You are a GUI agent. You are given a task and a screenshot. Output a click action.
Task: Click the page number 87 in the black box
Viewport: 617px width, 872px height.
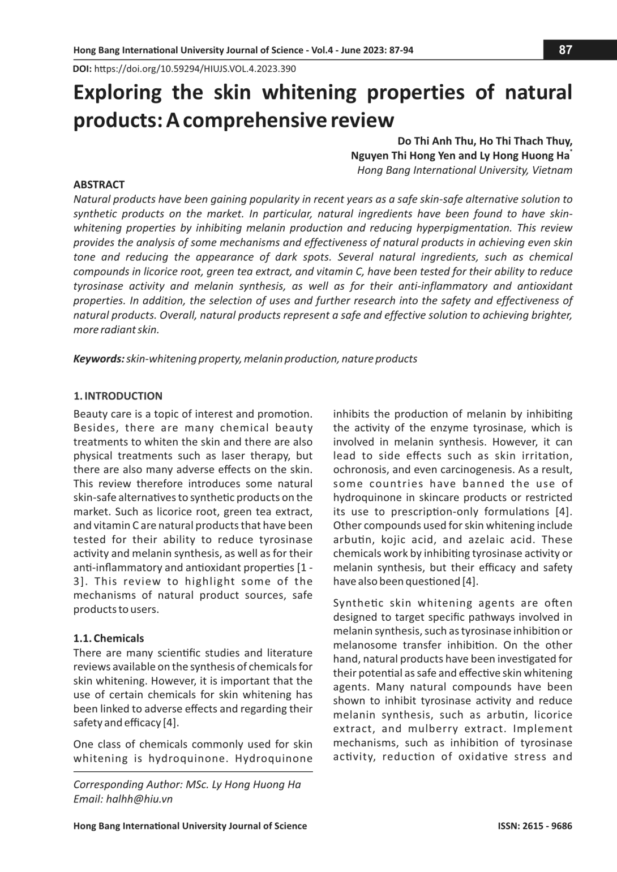coord(565,50)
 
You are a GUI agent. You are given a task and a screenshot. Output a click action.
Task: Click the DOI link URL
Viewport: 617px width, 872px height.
coord(194,69)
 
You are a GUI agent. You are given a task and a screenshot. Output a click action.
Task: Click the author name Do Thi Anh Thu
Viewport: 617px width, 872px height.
coord(435,141)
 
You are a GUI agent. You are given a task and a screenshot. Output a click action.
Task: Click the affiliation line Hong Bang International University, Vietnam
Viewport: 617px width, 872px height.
coord(465,170)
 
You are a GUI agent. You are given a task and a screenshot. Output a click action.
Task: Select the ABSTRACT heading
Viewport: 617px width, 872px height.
coord(99,184)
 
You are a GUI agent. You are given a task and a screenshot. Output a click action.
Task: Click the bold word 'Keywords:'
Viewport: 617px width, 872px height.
coord(99,359)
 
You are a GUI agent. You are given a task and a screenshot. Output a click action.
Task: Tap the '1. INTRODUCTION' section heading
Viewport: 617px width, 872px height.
coord(118,396)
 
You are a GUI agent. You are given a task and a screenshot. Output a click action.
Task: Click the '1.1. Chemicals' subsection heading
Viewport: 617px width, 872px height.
coord(109,638)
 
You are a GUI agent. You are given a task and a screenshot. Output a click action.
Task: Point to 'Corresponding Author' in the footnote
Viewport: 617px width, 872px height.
coord(127,784)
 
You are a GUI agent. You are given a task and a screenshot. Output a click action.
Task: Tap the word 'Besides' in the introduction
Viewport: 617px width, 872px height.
coord(95,428)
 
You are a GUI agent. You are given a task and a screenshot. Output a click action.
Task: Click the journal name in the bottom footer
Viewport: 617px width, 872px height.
coord(190,826)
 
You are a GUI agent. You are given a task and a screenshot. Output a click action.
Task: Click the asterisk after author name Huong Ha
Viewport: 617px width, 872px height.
coord(571,152)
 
